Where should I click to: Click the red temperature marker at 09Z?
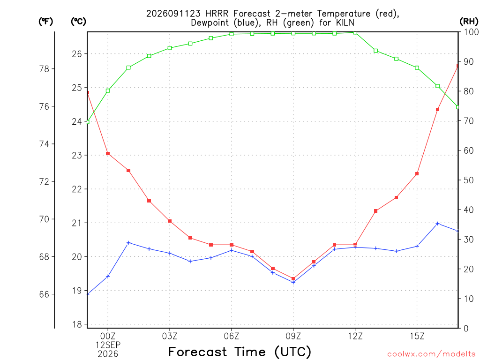pos(293,278)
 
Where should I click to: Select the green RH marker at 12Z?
pos(355,32)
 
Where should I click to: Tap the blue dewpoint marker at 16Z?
pos(437,224)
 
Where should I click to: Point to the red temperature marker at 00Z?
pos(108,153)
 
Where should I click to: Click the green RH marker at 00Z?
pos(108,90)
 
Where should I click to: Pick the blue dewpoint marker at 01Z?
pos(128,243)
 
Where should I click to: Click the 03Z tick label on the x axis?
pos(170,336)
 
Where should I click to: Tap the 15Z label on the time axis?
pos(417,336)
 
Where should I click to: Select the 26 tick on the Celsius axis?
pos(77,54)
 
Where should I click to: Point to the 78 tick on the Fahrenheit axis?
pos(45,69)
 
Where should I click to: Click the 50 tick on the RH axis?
pos(468,180)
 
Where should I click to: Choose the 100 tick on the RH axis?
pos(471,32)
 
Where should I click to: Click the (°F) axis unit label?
pos(45,22)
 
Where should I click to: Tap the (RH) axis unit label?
pos(469,22)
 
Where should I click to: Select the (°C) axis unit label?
pos(78,22)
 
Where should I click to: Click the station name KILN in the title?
pos(345,22)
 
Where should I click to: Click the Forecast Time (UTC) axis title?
pos(240,352)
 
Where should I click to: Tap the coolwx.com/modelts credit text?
pos(431,354)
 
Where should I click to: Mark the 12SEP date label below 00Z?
pos(108,345)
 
